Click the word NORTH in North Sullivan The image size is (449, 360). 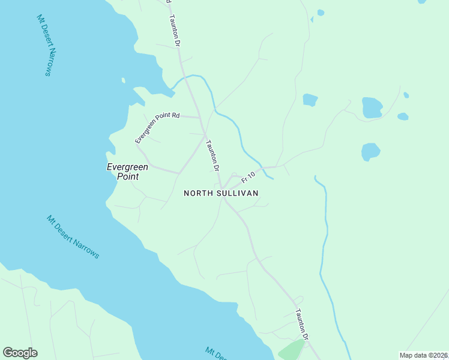click(x=199, y=193)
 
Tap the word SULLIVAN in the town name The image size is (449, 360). click(x=238, y=193)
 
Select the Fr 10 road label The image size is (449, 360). click(x=249, y=177)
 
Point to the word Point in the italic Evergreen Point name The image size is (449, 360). click(x=127, y=176)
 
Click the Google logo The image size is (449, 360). click(x=20, y=353)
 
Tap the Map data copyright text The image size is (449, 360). click(x=423, y=355)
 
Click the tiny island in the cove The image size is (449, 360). click(x=123, y=80)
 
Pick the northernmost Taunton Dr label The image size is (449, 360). click(x=175, y=31)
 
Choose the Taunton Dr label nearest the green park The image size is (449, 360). click(x=302, y=325)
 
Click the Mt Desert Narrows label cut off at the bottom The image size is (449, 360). click(x=217, y=353)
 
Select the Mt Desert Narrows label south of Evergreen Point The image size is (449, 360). click(x=73, y=236)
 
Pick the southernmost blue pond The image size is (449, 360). click(x=370, y=151)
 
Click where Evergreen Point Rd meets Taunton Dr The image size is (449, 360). click(x=200, y=118)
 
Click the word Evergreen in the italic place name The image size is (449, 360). click(x=127, y=167)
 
